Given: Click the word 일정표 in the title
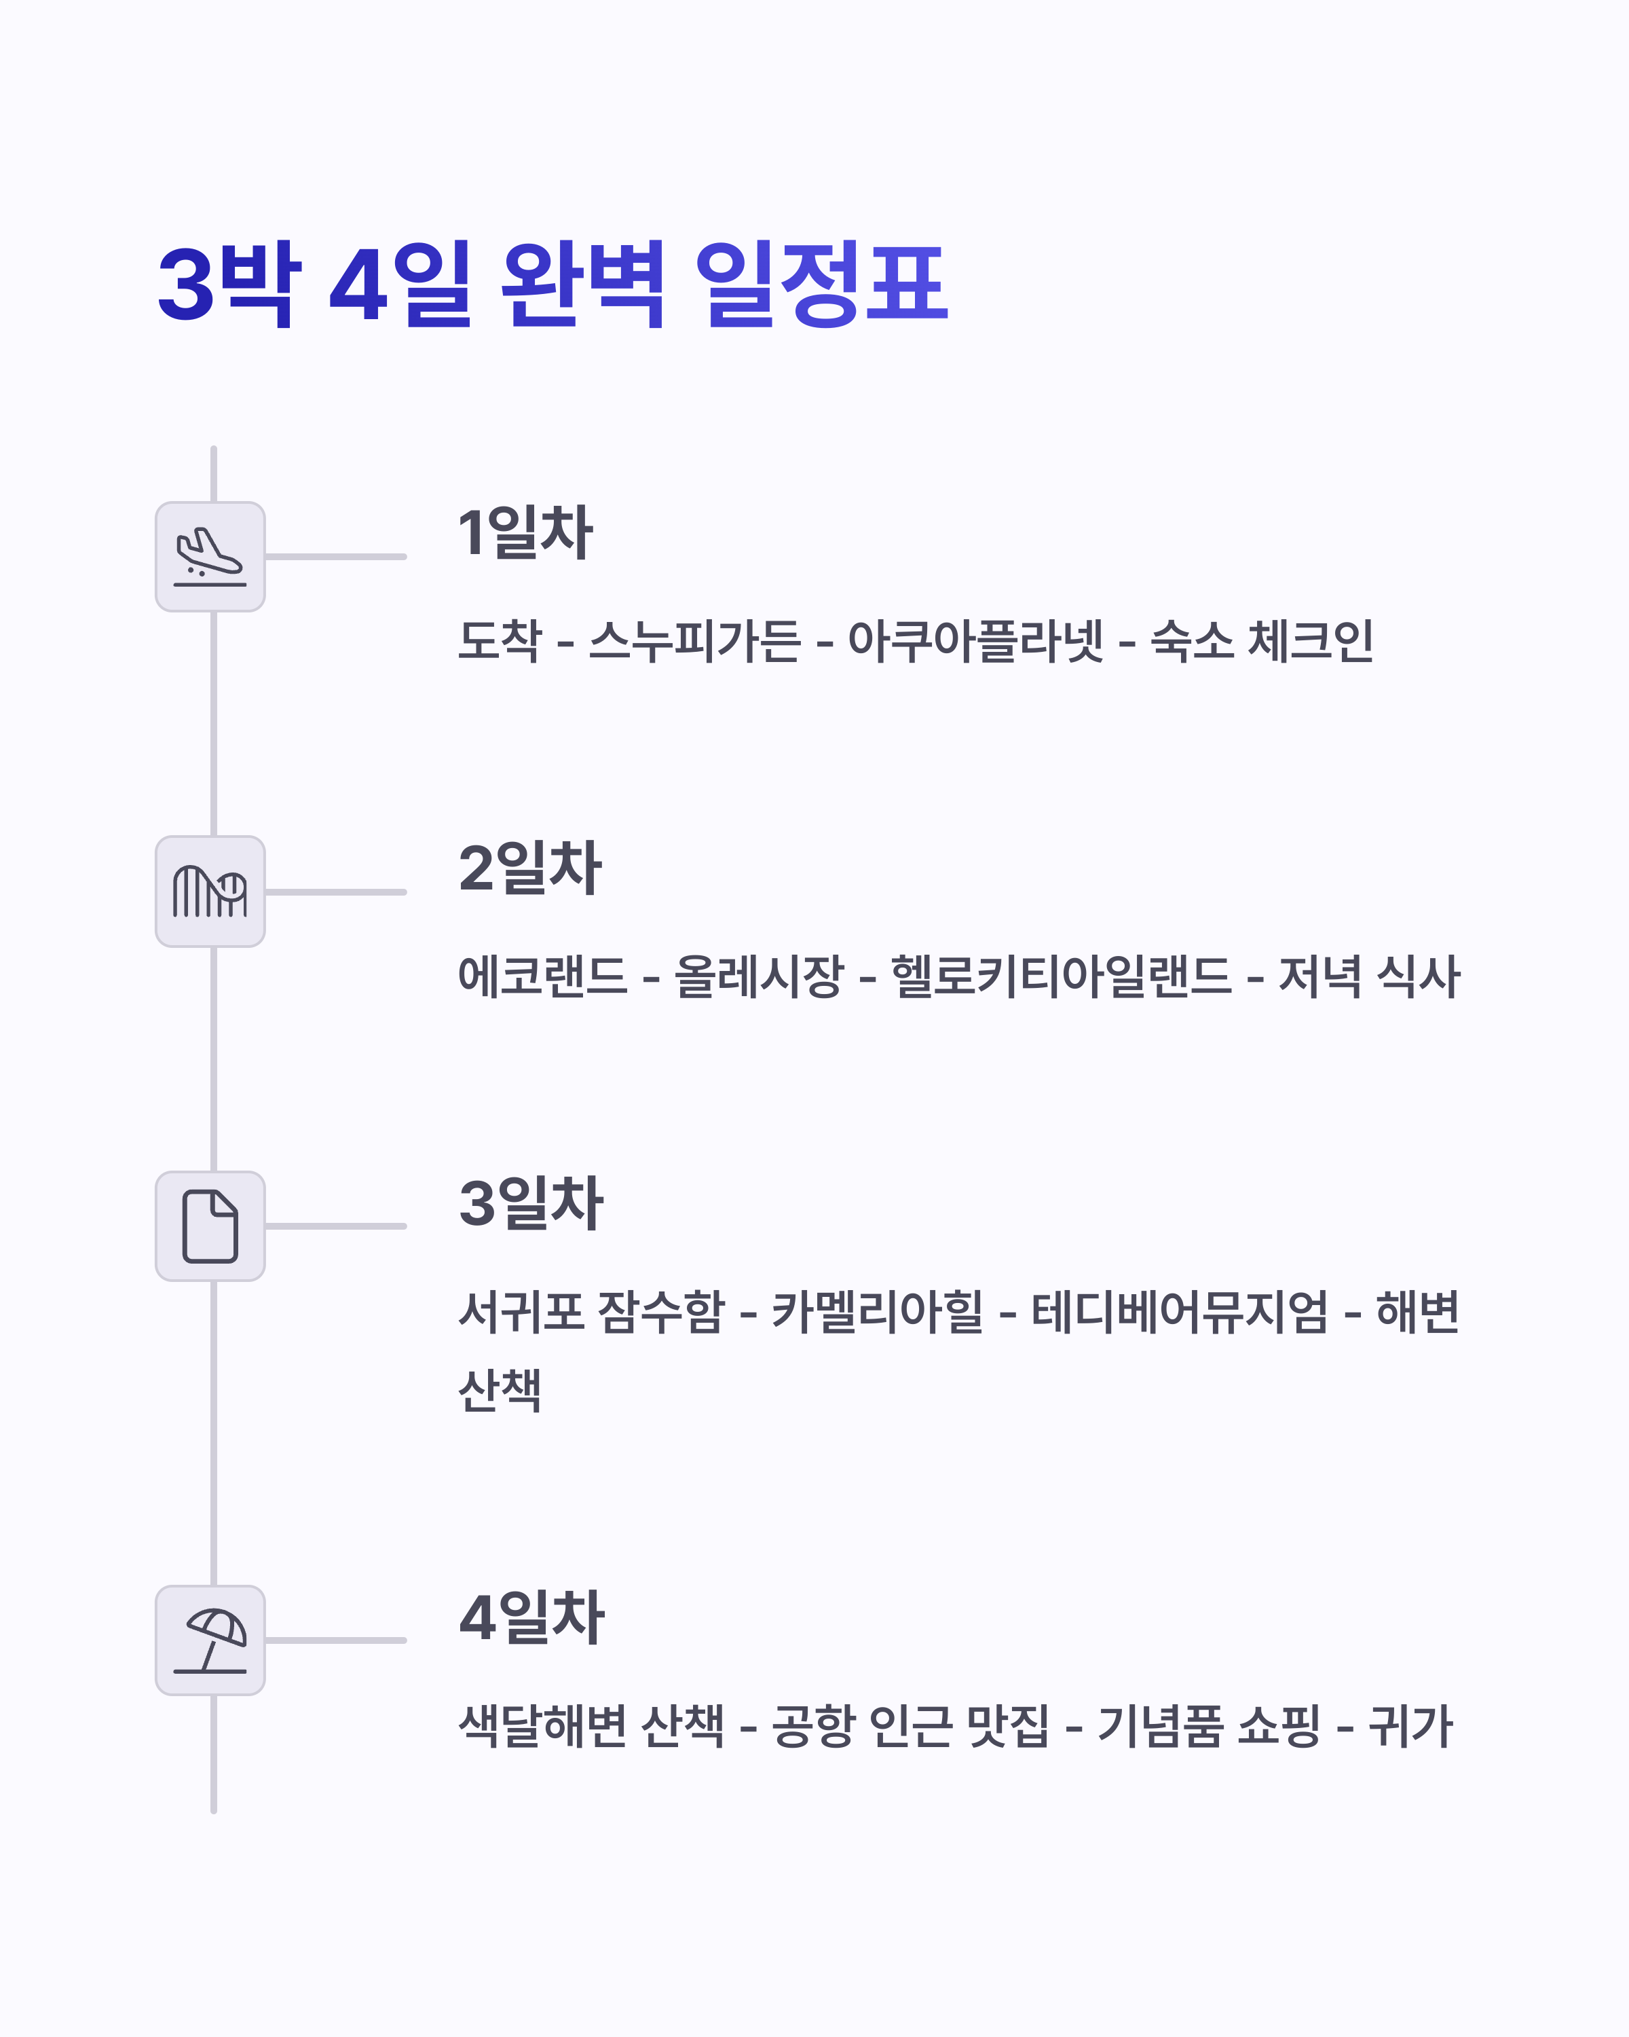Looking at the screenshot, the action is pyautogui.click(x=821, y=283).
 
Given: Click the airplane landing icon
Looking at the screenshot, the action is pyautogui.click(x=210, y=557).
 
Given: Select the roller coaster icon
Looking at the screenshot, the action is pyautogui.click(x=210, y=891).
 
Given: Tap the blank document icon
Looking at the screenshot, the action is pyautogui.click(x=210, y=1226).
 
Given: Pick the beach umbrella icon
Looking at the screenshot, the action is pyautogui.click(x=210, y=1640).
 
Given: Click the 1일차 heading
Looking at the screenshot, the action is pyautogui.click(x=525, y=533).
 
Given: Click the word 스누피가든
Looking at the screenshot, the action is pyautogui.click(x=694, y=640).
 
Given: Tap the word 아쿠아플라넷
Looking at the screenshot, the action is pyautogui.click(x=975, y=640).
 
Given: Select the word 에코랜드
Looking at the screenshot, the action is pyautogui.click(x=542, y=976).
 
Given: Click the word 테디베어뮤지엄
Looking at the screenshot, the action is pyautogui.click(x=1180, y=1311).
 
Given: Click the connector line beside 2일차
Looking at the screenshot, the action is pyautogui.click(x=335, y=891).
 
